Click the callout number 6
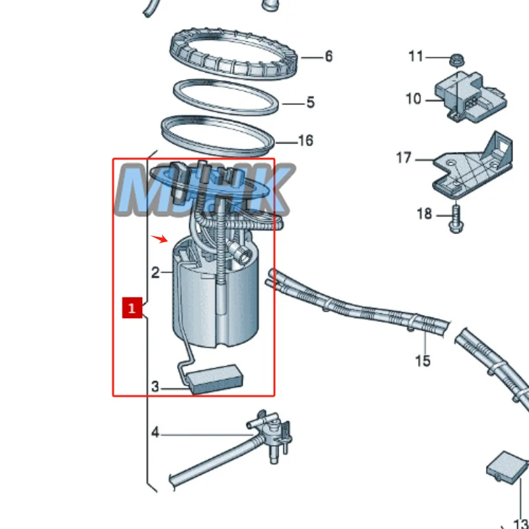pyautogui.click(x=329, y=56)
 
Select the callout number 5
pyautogui.click(x=310, y=102)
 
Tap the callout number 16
pyautogui.click(x=305, y=141)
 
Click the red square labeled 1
pyautogui.click(x=132, y=308)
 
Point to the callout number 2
pyautogui.click(x=155, y=272)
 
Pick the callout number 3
pyautogui.click(x=155, y=387)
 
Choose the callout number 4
pyautogui.click(x=155, y=433)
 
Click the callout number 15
pyautogui.click(x=423, y=360)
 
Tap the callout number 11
pyautogui.click(x=415, y=56)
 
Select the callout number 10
pyautogui.click(x=413, y=99)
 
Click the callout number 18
pyautogui.click(x=424, y=214)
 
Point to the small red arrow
pyautogui.click(x=159, y=239)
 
